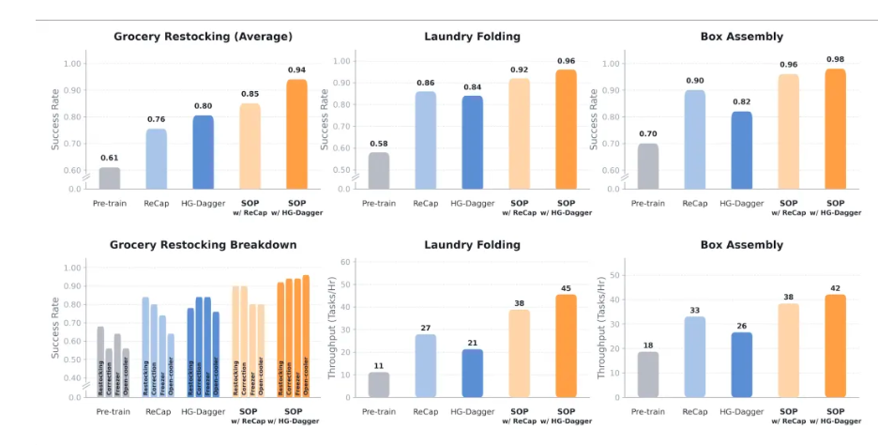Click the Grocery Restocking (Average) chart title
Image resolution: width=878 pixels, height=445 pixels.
pos(203,37)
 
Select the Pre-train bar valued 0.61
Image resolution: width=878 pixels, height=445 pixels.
pos(110,177)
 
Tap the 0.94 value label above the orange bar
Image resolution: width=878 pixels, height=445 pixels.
pos(295,70)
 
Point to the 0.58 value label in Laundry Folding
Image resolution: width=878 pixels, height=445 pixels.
pos(379,144)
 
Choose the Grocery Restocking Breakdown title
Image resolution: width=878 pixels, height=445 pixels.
pos(203,245)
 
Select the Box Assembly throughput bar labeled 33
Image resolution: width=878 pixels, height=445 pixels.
pos(695,357)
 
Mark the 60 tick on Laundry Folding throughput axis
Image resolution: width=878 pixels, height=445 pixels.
pos(345,262)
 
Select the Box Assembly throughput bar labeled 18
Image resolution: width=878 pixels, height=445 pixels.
pos(648,375)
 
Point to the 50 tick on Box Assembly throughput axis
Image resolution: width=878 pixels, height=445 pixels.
pos(615,275)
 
